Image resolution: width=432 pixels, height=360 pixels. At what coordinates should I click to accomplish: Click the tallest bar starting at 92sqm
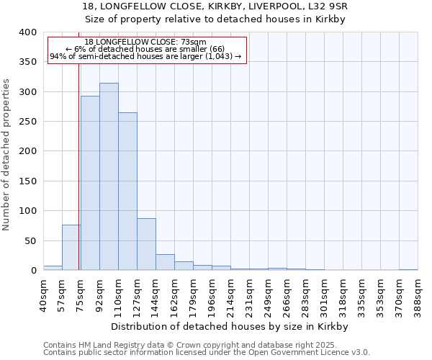pyautogui.click(x=109, y=176)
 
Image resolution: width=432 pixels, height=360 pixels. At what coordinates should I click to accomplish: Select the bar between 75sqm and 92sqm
pyautogui.click(x=90, y=183)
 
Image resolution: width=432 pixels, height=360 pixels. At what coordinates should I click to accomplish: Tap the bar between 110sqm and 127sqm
pyautogui.click(x=127, y=192)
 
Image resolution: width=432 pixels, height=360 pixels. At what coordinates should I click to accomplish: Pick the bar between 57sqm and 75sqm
pyautogui.click(x=71, y=248)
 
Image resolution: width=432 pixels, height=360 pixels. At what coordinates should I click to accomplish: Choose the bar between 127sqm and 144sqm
pyautogui.click(x=146, y=244)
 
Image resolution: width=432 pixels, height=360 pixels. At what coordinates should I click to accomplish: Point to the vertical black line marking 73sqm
pyautogui.click(x=78, y=166)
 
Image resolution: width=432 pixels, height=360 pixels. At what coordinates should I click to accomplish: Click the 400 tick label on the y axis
pyautogui.click(x=27, y=32)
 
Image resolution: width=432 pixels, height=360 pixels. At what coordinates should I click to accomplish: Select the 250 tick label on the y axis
pyautogui.click(x=27, y=122)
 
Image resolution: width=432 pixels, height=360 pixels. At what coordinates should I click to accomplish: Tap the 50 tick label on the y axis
pyautogui.click(x=30, y=240)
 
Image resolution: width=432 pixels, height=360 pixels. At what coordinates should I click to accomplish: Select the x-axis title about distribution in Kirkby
pyautogui.click(x=230, y=326)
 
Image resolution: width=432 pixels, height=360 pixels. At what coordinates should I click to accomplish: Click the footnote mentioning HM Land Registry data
pyautogui.click(x=205, y=345)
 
